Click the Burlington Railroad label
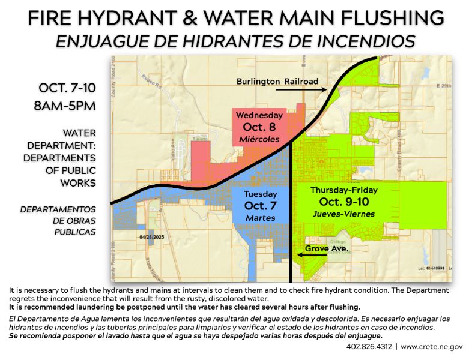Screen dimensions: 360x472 click(277, 81)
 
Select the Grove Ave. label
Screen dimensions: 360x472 click(327, 248)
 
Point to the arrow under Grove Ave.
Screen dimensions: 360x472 click(313, 255)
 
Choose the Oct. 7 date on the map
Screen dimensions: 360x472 click(260, 206)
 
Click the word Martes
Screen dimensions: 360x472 click(260, 218)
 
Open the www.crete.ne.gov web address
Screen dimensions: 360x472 click(432, 347)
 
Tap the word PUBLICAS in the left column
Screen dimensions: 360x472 click(74, 231)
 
